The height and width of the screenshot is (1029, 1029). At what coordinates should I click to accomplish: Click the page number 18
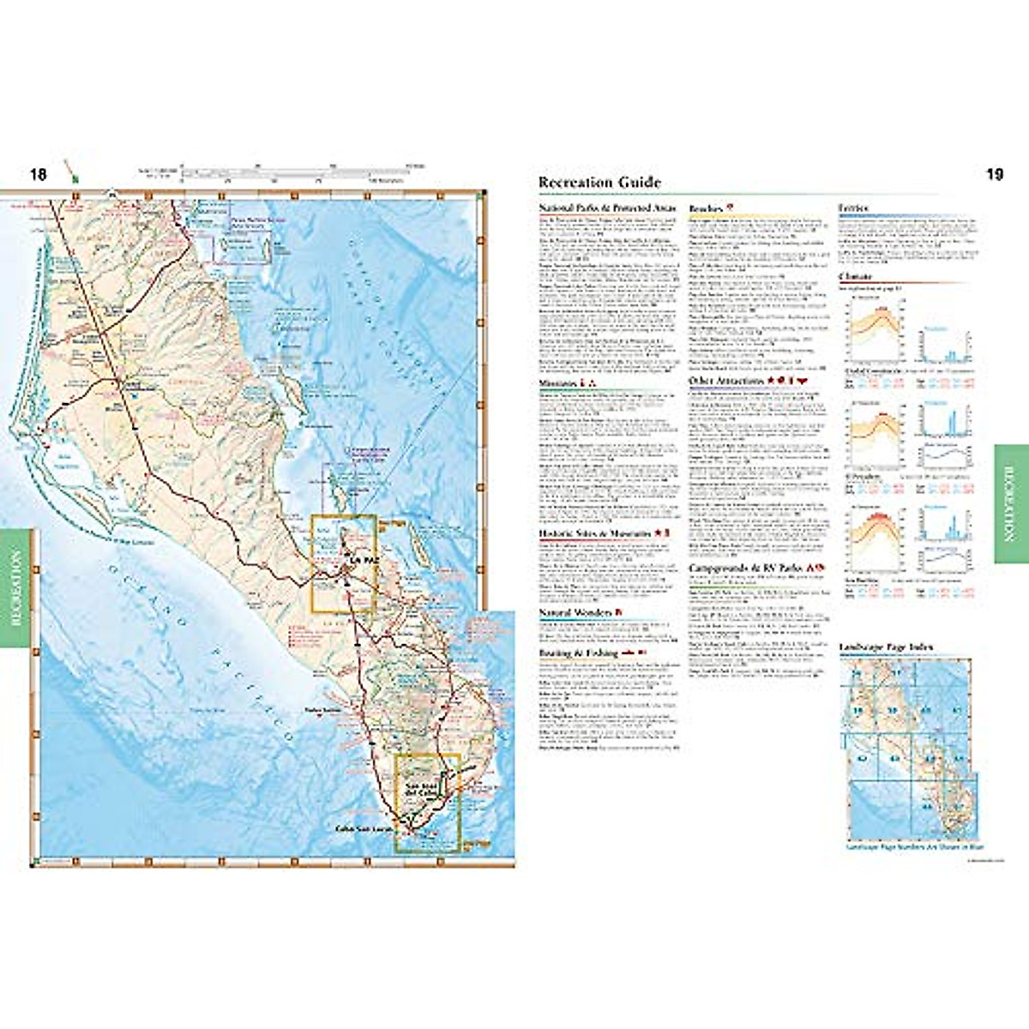click(38, 175)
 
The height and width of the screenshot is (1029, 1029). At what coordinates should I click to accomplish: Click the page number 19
click(994, 175)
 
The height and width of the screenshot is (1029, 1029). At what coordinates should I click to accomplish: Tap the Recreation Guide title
click(599, 182)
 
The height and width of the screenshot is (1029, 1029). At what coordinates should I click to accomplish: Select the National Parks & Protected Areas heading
click(608, 208)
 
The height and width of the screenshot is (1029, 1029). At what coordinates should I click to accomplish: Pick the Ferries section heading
click(854, 208)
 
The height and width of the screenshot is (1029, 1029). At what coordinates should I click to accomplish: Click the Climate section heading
click(856, 277)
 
